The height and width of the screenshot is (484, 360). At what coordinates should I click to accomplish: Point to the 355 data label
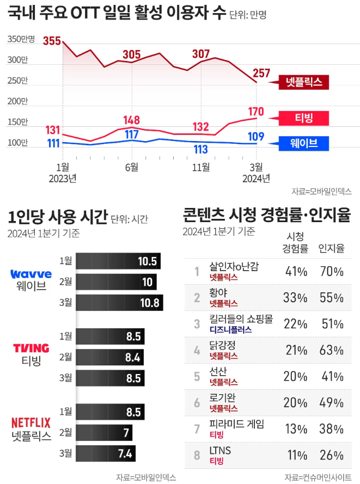(52, 41)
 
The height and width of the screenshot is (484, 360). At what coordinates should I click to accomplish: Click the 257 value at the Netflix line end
(261, 73)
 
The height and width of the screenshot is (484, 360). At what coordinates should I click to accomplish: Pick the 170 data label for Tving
(255, 112)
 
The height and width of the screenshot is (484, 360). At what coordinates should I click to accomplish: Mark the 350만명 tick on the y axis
(21, 39)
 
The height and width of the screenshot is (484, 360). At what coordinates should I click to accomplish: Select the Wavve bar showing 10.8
(119, 302)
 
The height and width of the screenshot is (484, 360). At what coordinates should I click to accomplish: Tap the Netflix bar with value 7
(103, 433)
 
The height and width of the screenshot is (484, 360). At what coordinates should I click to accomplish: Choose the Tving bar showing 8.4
(109, 357)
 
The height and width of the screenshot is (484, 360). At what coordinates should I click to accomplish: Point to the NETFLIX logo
(31, 422)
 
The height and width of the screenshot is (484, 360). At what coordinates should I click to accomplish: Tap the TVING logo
(31, 348)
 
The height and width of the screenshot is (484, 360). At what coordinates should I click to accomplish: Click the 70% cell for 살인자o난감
(331, 271)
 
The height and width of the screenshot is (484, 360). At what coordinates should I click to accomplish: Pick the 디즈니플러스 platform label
(231, 329)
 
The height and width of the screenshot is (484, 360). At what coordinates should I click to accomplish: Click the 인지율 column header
(331, 248)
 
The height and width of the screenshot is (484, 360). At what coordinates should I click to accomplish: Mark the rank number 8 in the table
(197, 455)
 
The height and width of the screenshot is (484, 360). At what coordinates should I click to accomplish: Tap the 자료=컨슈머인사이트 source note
(318, 477)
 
